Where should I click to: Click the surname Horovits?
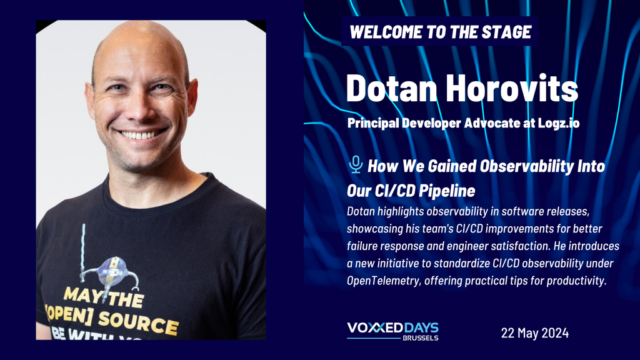pyautogui.click(x=512, y=88)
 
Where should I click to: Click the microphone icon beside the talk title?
pyautogui.click(x=356, y=164)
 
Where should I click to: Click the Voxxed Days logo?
pyautogui.click(x=392, y=331)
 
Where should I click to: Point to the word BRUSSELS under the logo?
pyautogui.click(x=421, y=338)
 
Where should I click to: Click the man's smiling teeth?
pyautogui.click(x=140, y=135)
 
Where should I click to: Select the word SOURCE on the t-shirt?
pyautogui.click(x=138, y=321)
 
